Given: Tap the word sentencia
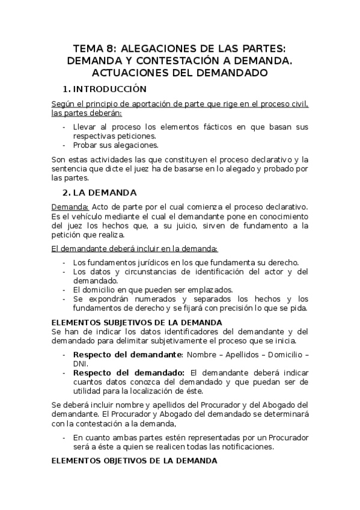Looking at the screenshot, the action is (x=68, y=168).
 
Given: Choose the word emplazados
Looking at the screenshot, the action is (x=195, y=289).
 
